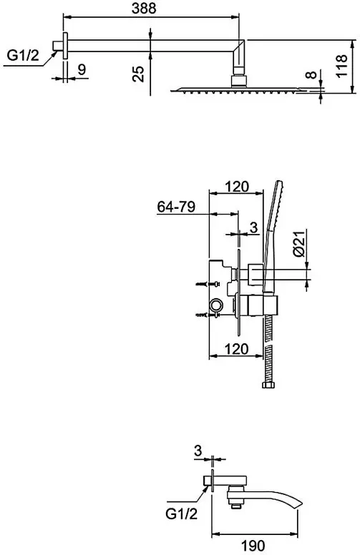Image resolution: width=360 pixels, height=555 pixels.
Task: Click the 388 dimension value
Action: pos(144,8)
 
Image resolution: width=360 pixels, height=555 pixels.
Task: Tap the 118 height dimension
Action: pos(341,67)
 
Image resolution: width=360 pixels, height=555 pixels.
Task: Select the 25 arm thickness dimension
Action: pos(139,74)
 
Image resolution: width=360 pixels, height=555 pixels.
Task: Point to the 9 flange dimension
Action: pos(82,69)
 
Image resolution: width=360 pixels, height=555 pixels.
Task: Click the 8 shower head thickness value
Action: pos(311,74)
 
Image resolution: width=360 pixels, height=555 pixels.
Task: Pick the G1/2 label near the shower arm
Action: pos(24,56)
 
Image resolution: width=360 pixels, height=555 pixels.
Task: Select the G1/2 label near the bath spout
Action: pos(181,514)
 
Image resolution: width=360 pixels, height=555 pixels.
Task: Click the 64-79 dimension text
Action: pos(176,207)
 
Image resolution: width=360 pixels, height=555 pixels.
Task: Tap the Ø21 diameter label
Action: pos(299,243)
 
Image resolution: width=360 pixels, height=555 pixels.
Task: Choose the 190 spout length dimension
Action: pos(254,545)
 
